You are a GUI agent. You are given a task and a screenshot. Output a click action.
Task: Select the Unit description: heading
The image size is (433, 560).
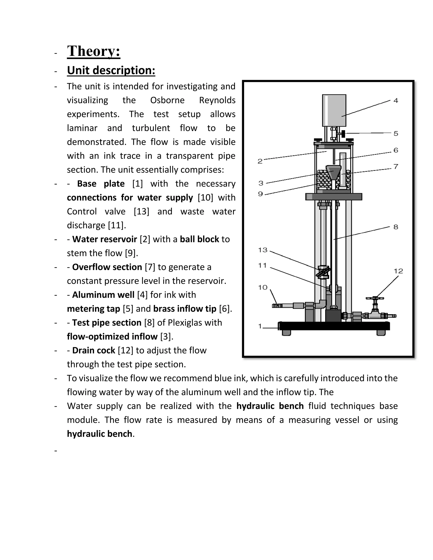point(111,70)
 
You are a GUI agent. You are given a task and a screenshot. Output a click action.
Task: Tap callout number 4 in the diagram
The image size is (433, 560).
point(396,101)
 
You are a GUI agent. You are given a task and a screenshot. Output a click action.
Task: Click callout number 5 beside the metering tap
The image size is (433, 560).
point(396,134)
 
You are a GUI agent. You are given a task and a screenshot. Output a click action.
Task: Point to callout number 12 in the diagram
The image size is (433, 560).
point(398,271)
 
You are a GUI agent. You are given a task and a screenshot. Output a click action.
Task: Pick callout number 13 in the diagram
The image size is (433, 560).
point(263,250)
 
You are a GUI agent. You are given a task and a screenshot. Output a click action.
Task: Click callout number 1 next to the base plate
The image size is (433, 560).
point(260,326)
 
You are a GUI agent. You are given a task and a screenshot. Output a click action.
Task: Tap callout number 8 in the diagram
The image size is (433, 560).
point(396,227)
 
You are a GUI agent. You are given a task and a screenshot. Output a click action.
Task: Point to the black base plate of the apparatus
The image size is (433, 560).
point(334,326)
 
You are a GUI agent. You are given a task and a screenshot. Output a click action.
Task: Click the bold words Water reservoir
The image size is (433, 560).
point(105,239)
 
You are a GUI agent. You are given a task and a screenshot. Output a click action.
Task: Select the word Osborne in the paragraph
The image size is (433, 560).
point(167,100)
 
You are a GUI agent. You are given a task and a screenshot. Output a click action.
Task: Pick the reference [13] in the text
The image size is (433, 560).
point(141,212)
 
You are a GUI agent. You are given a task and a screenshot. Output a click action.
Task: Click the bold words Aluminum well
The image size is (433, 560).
point(103,295)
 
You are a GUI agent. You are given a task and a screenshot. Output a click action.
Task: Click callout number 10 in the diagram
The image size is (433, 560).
point(263,287)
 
